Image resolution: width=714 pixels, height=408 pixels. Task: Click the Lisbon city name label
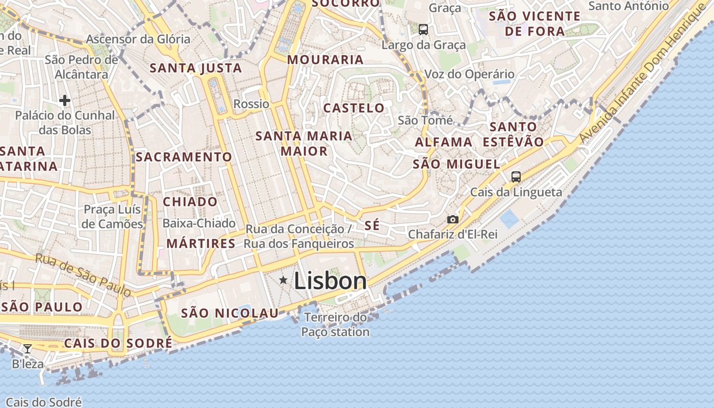pyautogui.click(x=330, y=281)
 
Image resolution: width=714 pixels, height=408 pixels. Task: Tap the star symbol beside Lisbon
pyautogui.click(x=283, y=280)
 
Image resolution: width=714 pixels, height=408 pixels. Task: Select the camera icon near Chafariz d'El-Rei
pyautogui.click(x=452, y=219)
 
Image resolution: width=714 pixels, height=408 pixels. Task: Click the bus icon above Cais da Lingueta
pyautogui.click(x=516, y=177)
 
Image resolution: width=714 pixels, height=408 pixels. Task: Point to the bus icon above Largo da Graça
pyautogui.click(x=423, y=30)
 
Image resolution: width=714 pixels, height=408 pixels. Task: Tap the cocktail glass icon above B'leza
pyautogui.click(x=28, y=349)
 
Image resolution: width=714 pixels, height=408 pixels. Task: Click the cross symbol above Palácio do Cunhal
pyautogui.click(x=64, y=100)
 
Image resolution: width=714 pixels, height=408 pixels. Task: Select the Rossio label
pyautogui.click(x=251, y=104)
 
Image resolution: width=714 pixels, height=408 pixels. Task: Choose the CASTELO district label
pyautogui.click(x=354, y=108)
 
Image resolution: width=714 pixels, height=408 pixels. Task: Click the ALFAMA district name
pyautogui.click(x=443, y=142)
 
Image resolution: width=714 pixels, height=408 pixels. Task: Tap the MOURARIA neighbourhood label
pyautogui.click(x=325, y=60)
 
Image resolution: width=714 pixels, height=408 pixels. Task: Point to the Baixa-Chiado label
pyautogui.click(x=199, y=223)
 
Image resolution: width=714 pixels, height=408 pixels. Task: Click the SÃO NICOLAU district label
pyautogui.click(x=230, y=313)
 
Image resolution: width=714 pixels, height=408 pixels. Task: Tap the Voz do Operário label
pyautogui.click(x=469, y=74)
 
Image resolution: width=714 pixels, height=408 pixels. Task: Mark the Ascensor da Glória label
pyautogui.click(x=138, y=39)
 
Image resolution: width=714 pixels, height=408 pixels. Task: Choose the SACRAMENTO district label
pyautogui.click(x=184, y=157)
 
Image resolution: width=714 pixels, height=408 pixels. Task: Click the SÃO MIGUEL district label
pyautogui.click(x=456, y=164)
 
